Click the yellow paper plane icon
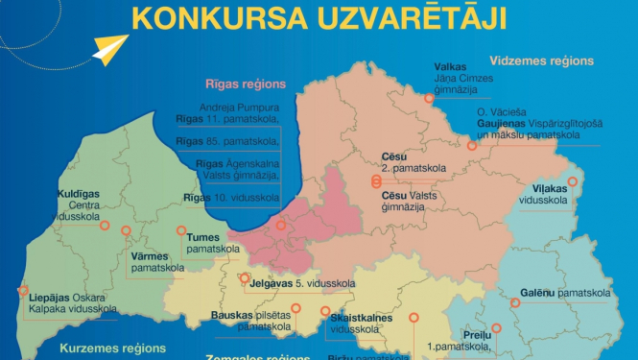pos(112,49)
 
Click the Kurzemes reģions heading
pos(110,348)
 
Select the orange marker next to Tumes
pos(181,230)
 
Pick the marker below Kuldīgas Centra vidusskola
pos(105,228)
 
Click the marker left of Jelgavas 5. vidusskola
pos(243,280)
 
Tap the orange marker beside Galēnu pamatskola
pos(514,304)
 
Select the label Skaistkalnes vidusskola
pos(366,323)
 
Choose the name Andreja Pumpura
pos(239,107)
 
